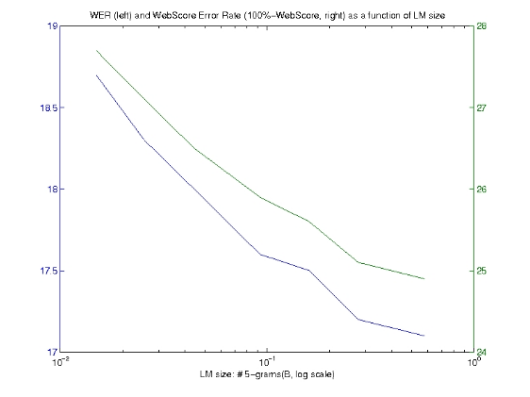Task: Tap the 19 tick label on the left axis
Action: pos(52,26)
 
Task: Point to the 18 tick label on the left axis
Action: pos(52,190)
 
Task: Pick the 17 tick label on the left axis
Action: pos(52,353)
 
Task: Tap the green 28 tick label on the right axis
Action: pos(481,26)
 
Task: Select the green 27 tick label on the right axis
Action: pos(481,108)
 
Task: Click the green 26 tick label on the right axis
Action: pos(481,190)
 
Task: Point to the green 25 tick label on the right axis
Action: pos(481,271)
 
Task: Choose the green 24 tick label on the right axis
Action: pos(481,353)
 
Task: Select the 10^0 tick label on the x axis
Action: pos(472,362)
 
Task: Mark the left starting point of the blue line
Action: pos(96,75)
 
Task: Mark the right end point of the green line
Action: pos(424,279)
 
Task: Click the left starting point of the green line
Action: pos(96,50)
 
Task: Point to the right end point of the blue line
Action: pos(424,336)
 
